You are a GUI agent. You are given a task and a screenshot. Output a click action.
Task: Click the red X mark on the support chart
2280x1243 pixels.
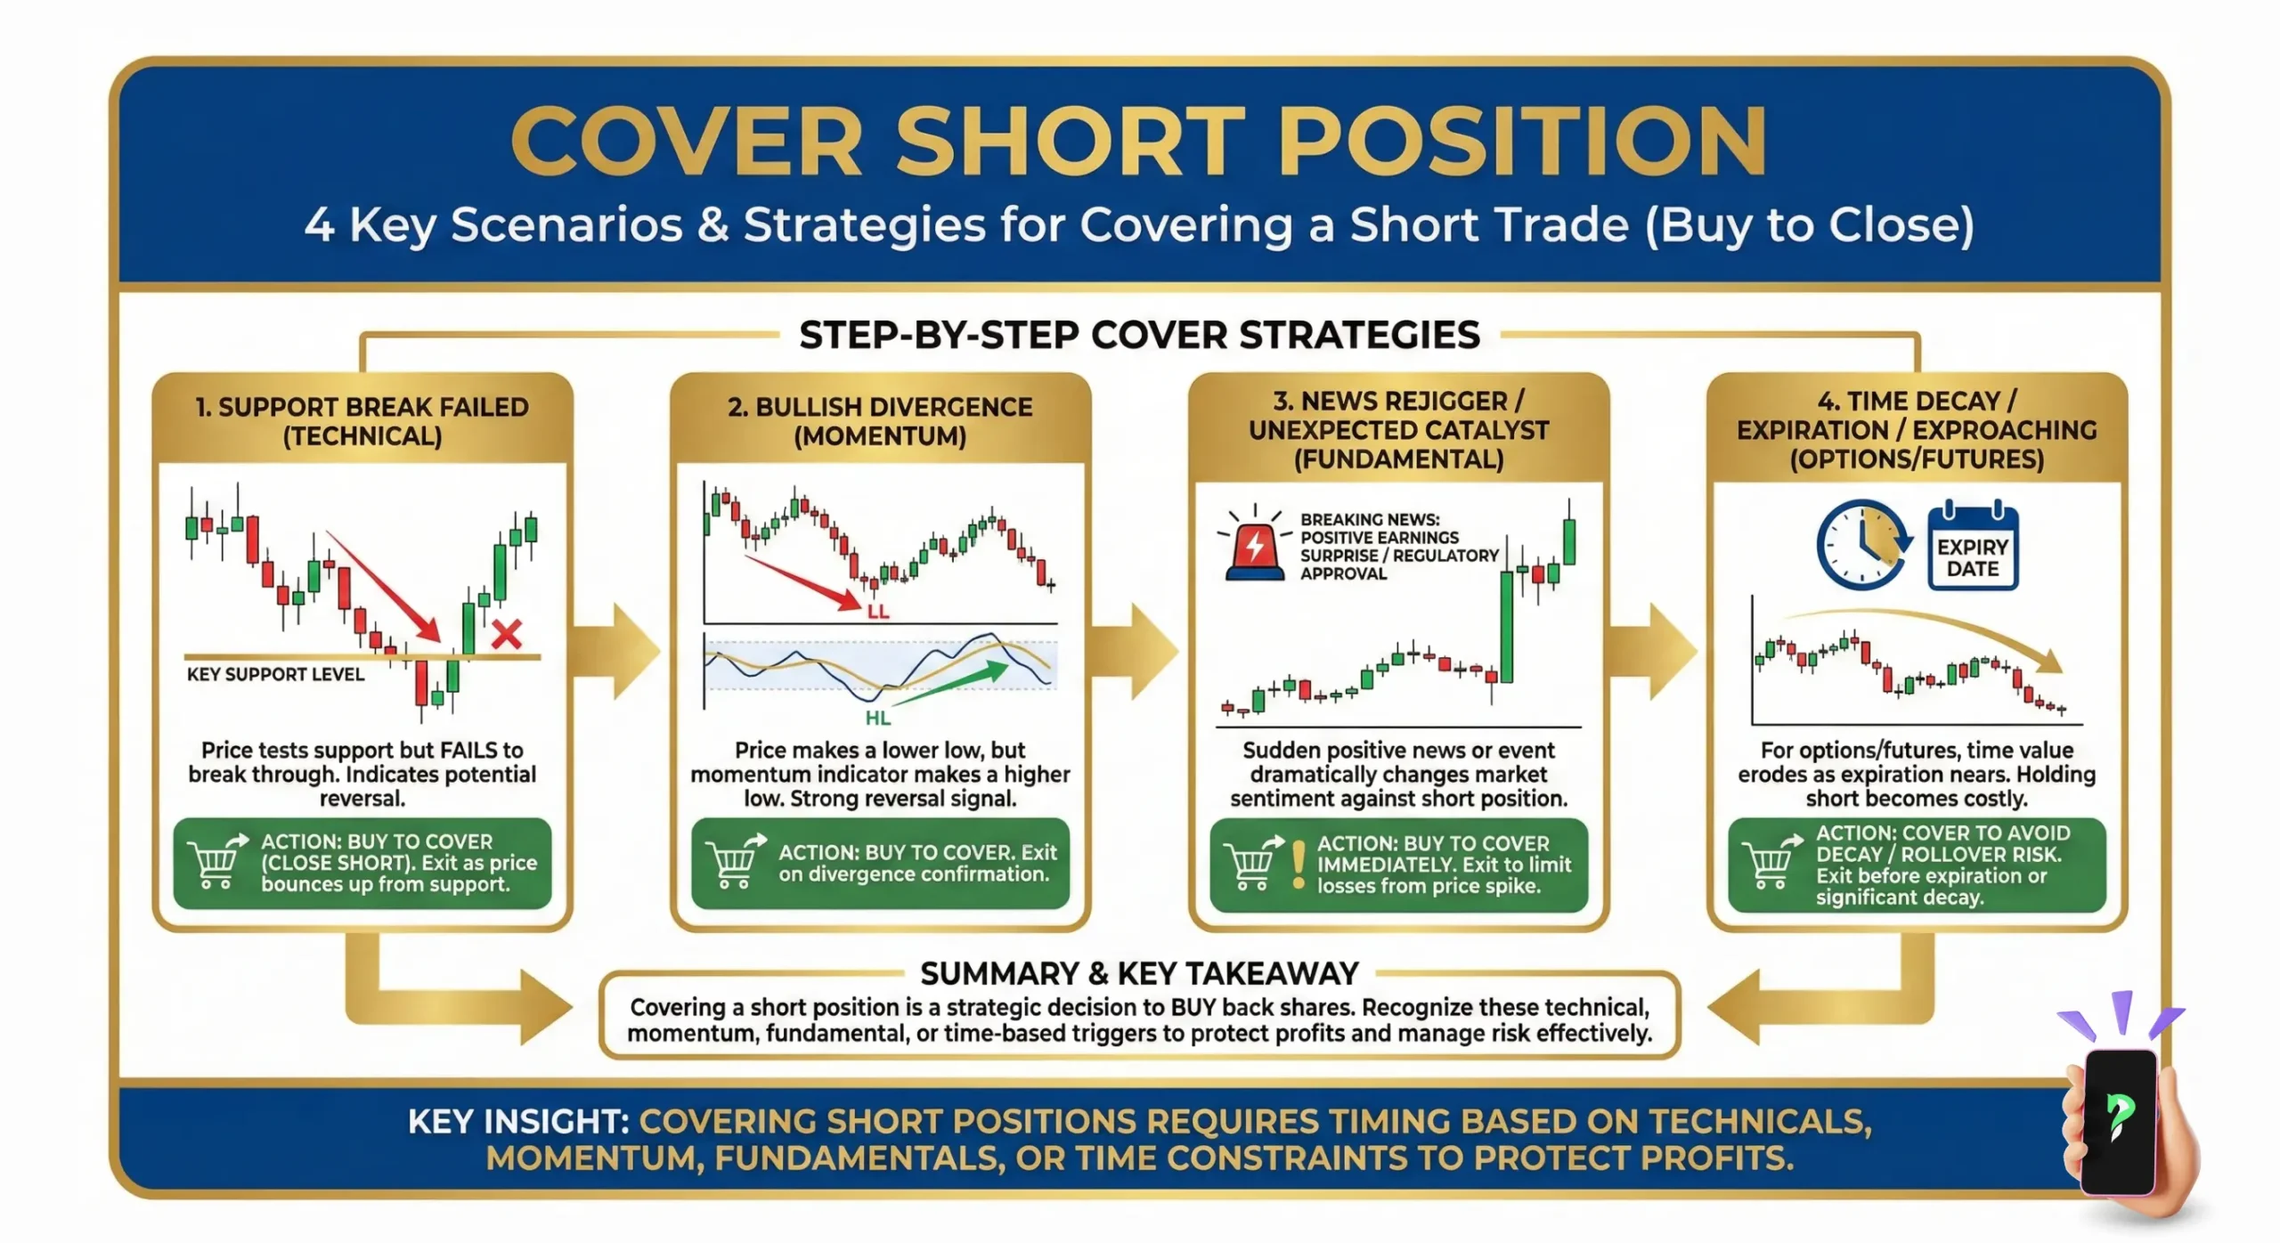(x=507, y=634)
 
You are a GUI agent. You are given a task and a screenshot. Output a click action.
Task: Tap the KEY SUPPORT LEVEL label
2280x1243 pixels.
(x=275, y=674)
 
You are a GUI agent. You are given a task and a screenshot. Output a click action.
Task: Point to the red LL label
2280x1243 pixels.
(x=877, y=613)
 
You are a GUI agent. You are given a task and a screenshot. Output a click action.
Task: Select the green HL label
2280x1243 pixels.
(x=877, y=718)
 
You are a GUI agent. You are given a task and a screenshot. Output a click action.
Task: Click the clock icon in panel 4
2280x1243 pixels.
(x=1861, y=545)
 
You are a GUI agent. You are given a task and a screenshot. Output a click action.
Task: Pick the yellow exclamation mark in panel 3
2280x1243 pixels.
(x=1298, y=865)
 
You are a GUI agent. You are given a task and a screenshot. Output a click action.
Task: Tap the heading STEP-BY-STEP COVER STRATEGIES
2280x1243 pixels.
(x=1139, y=336)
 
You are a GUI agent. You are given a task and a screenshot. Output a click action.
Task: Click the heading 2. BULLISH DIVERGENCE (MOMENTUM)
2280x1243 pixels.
(x=880, y=420)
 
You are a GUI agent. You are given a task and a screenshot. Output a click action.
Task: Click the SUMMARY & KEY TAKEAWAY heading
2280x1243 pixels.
(x=1139, y=973)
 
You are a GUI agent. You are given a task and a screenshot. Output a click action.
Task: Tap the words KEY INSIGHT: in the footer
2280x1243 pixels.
(x=517, y=1121)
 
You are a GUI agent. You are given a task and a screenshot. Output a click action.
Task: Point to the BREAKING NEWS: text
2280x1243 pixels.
(x=1369, y=519)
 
